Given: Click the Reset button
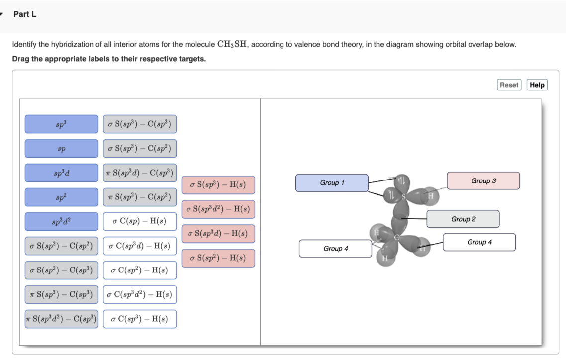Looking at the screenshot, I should [509, 85].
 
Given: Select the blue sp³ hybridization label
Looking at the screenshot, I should [62, 124].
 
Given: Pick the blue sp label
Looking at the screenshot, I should [62, 149].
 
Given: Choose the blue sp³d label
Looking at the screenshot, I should [62, 173].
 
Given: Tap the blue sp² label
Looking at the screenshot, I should [62, 197].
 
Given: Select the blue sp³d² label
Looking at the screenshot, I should [62, 222].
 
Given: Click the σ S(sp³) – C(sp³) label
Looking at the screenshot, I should [140, 124].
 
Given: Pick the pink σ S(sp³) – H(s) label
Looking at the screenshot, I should [218, 185].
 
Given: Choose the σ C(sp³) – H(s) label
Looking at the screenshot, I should [140, 319].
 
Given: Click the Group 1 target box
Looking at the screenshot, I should [332, 183].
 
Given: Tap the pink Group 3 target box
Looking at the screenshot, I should [483, 181].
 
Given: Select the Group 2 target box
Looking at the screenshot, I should [463, 219].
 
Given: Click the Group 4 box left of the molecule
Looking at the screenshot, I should [335, 249].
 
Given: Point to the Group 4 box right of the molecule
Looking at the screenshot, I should [479, 242].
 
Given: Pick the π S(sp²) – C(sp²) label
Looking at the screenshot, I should [140, 197].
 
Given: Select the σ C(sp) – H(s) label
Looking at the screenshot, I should [140, 222].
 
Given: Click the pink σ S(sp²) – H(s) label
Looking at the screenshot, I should [218, 258].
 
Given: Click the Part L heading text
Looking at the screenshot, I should [25, 14].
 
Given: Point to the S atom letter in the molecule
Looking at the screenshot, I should [404, 197].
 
